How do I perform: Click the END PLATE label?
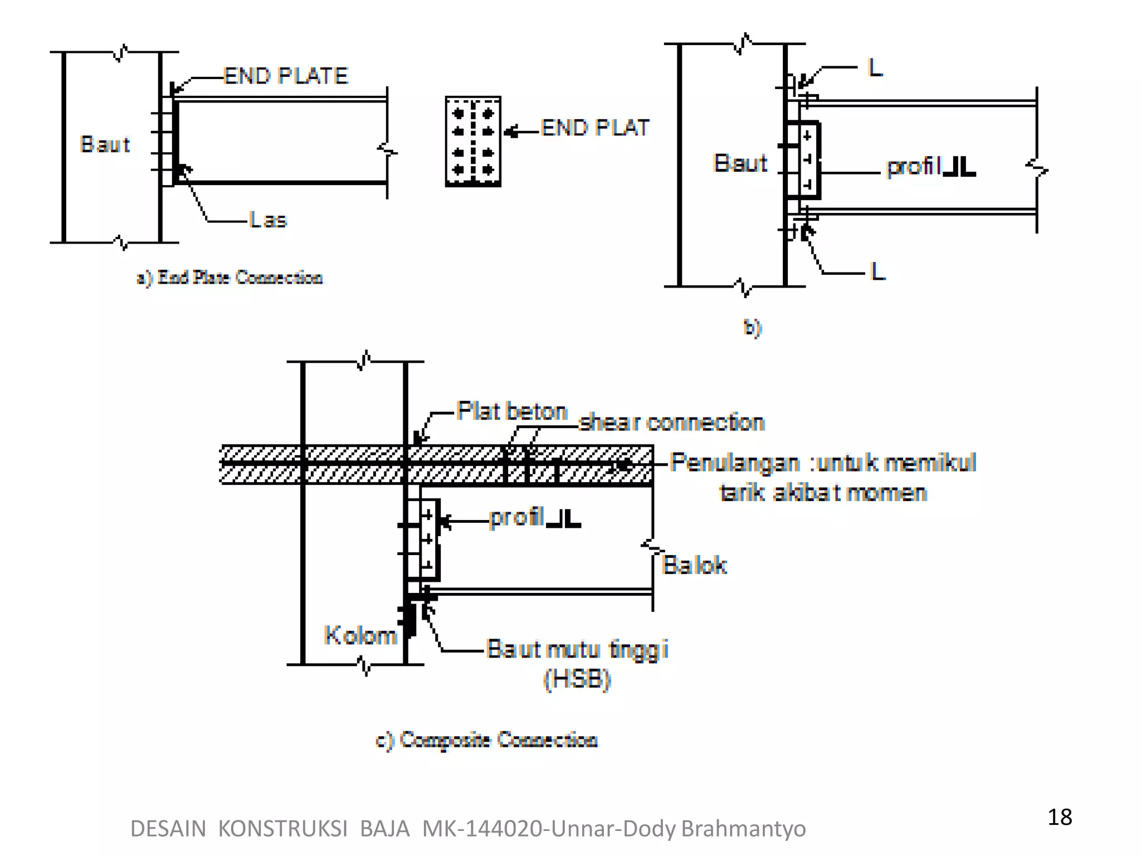[x=286, y=76]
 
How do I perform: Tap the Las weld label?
[x=268, y=220]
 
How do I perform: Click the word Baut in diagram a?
[x=105, y=144]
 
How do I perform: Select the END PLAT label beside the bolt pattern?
[x=595, y=128]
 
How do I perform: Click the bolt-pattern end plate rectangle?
[x=473, y=142]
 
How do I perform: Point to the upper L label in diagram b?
[x=875, y=68]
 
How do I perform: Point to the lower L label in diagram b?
[x=877, y=271]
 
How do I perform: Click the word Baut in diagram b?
[x=740, y=163]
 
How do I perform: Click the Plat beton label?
[x=511, y=411]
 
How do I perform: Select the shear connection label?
[x=671, y=422]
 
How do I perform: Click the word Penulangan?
[x=734, y=463]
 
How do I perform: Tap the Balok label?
[x=694, y=565]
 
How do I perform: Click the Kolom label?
[x=360, y=635]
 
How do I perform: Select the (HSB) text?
[x=577, y=679]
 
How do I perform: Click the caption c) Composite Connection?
[x=487, y=740]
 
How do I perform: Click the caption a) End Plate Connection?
[x=230, y=277]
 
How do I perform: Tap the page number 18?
[x=1059, y=817]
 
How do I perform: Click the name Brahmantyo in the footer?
[x=743, y=829]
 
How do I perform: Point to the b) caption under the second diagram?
[x=752, y=328]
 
